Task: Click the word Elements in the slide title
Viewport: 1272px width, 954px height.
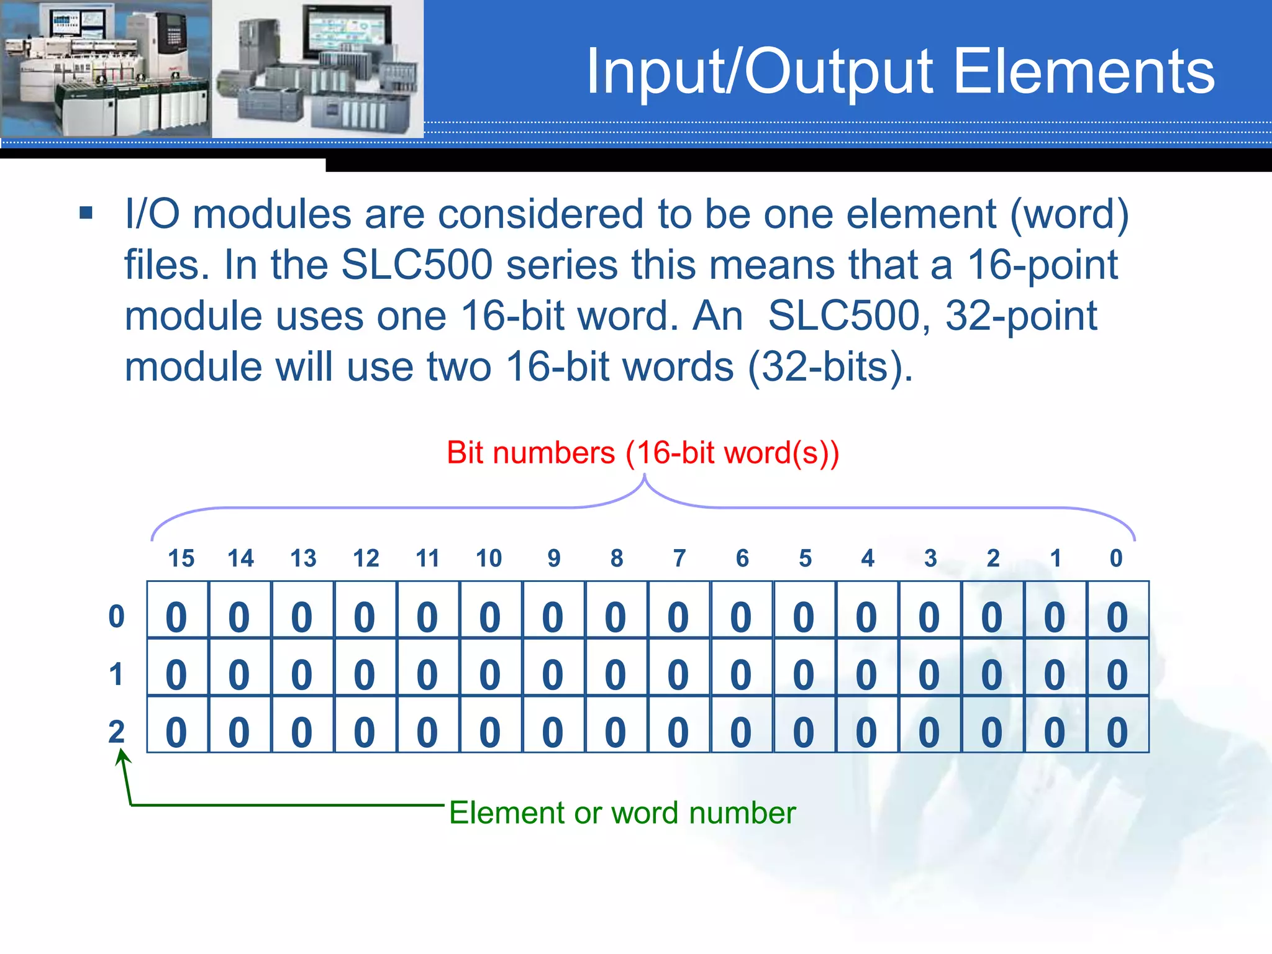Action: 1083,72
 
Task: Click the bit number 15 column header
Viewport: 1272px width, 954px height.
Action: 181,558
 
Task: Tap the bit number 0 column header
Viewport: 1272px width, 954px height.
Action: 1116,558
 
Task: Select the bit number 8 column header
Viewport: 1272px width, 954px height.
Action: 616,558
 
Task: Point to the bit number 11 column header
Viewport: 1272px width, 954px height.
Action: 427,558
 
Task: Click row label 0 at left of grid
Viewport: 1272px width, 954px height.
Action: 116,617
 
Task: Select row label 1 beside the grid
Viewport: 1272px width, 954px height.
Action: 116,675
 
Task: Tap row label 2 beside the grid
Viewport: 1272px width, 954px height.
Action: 116,732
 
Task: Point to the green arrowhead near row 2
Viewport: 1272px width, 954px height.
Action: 122,755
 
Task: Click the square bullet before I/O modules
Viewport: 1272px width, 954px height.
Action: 86,214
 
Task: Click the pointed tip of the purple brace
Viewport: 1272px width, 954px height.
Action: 645,476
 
